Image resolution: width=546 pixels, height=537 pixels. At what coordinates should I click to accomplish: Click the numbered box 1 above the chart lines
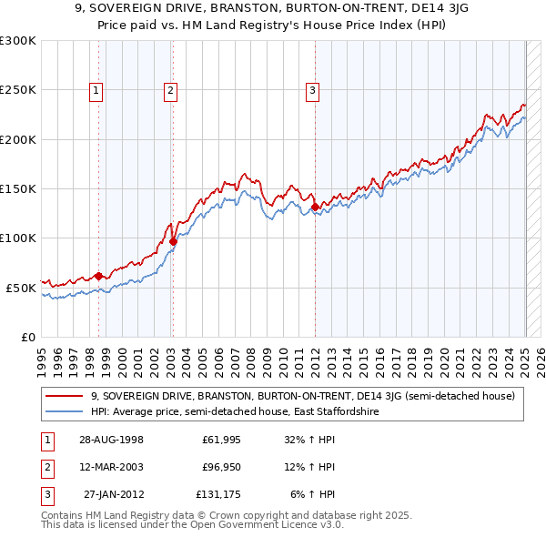pyautogui.click(x=96, y=89)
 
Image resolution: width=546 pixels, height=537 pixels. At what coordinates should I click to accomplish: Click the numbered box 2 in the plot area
pyautogui.click(x=170, y=89)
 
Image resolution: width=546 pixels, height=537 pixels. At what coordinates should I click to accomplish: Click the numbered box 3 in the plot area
pyautogui.click(x=312, y=89)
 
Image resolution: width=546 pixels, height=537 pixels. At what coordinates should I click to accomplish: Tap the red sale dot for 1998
pyautogui.click(x=98, y=276)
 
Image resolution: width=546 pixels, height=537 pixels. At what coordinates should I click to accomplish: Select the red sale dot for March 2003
pyautogui.click(x=172, y=241)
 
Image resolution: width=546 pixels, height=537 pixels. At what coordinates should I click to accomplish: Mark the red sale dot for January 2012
pyautogui.click(x=315, y=208)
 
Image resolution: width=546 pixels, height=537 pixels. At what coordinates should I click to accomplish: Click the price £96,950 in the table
pyautogui.click(x=219, y=467)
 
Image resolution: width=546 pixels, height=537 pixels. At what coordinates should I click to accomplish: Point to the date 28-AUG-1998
pyautogui.click(x=112, y=440)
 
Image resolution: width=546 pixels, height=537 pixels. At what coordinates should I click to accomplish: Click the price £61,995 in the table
pyautogui.click(x=219, y=440)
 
